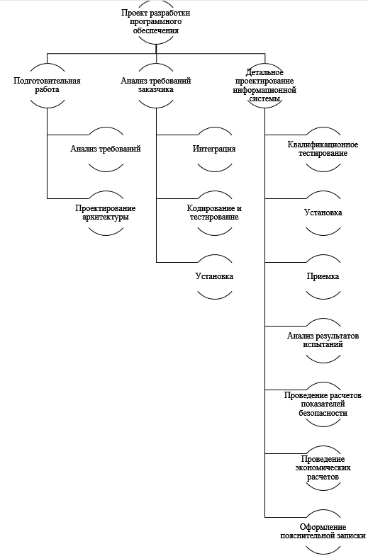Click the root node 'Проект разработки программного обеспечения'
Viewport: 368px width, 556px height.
coord(156,22)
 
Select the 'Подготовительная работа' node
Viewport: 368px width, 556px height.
coord(48,86)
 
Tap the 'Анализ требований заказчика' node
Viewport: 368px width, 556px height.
coord(156,86)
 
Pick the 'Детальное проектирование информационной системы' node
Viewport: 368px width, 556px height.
coord(264,86)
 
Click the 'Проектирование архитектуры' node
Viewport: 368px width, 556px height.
coord(106,212)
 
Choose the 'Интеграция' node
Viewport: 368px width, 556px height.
coord(214,149)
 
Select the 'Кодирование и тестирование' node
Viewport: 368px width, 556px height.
coord(214,212)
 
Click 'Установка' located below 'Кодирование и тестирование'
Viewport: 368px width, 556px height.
coord(214,276)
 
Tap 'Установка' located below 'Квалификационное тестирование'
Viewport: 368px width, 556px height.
coord(323,212)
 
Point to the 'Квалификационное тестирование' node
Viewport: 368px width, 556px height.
coord(323,149)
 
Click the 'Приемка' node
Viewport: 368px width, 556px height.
coord(323,276)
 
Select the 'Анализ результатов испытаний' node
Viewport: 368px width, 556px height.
coord(323,341)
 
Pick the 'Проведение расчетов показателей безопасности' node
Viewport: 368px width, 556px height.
coord(323,404)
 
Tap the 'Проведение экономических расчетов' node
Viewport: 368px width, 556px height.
coord(323,468)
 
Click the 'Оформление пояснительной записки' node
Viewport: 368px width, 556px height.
coord(323,532)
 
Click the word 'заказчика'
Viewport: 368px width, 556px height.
coord(156,90)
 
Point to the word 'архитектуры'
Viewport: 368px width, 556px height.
coord(106,217)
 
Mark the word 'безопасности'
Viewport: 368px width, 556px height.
coord(323,413)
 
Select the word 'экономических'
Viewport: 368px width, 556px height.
coord(323,468)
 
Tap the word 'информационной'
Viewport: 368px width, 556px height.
coord(264,90)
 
